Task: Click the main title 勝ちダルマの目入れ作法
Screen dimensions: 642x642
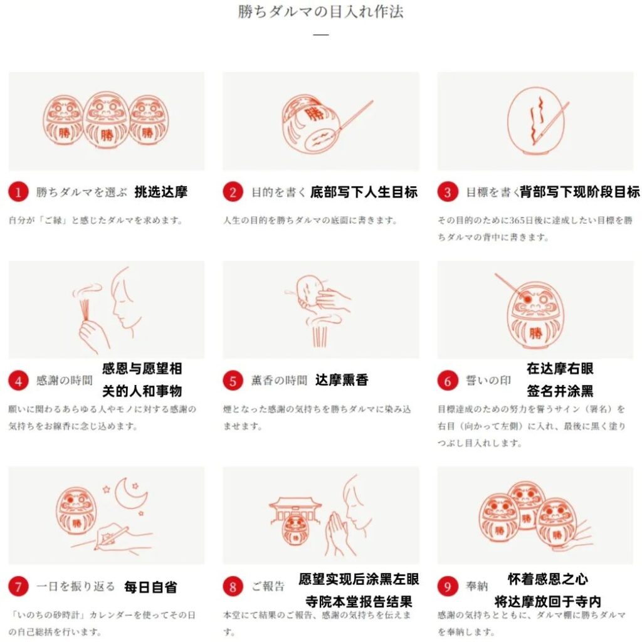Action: [x=320, y=11]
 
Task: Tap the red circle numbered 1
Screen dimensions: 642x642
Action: [x=18, y=192]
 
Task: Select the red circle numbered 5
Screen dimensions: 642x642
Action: [x=233, y=381]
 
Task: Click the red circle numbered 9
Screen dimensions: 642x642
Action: [x=448, y=586]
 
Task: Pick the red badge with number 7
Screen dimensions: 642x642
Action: [x=18, y=586]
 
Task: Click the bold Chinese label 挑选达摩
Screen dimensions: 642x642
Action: [x=161, y=192]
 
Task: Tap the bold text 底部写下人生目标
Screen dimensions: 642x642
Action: [x=364, y=192]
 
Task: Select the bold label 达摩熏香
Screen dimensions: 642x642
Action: [x=342, y=380]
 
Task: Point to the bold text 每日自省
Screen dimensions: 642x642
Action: [x=150, y=587]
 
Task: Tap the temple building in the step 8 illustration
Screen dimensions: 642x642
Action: [x=294, y=511]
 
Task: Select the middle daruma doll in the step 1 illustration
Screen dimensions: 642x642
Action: [x=107, y=120]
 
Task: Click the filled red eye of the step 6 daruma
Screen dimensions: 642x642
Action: [x=527, y=299]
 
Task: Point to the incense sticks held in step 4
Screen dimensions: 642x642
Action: [x=85, y=310]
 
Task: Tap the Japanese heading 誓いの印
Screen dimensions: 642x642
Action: [x=488, y=381]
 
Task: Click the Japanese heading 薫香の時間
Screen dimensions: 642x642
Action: [x=279, y=381]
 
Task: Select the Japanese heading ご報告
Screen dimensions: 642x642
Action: [x=268, y=586]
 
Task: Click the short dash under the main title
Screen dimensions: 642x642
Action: [x=321, y=35]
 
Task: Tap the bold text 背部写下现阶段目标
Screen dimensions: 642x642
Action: [x=579, y=192]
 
